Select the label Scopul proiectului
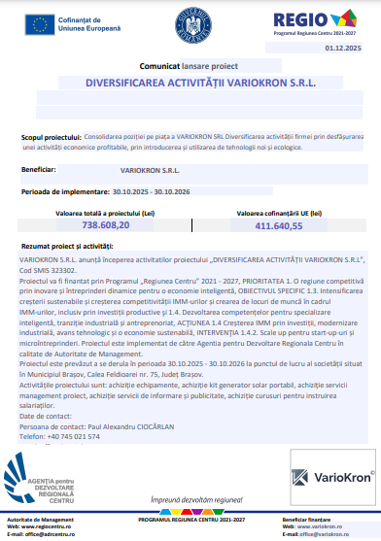[x=50, y=139]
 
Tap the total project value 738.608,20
[x=106, y=224]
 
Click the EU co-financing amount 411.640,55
[x=279, y=225]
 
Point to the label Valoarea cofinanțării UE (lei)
[x=279, y=212]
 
